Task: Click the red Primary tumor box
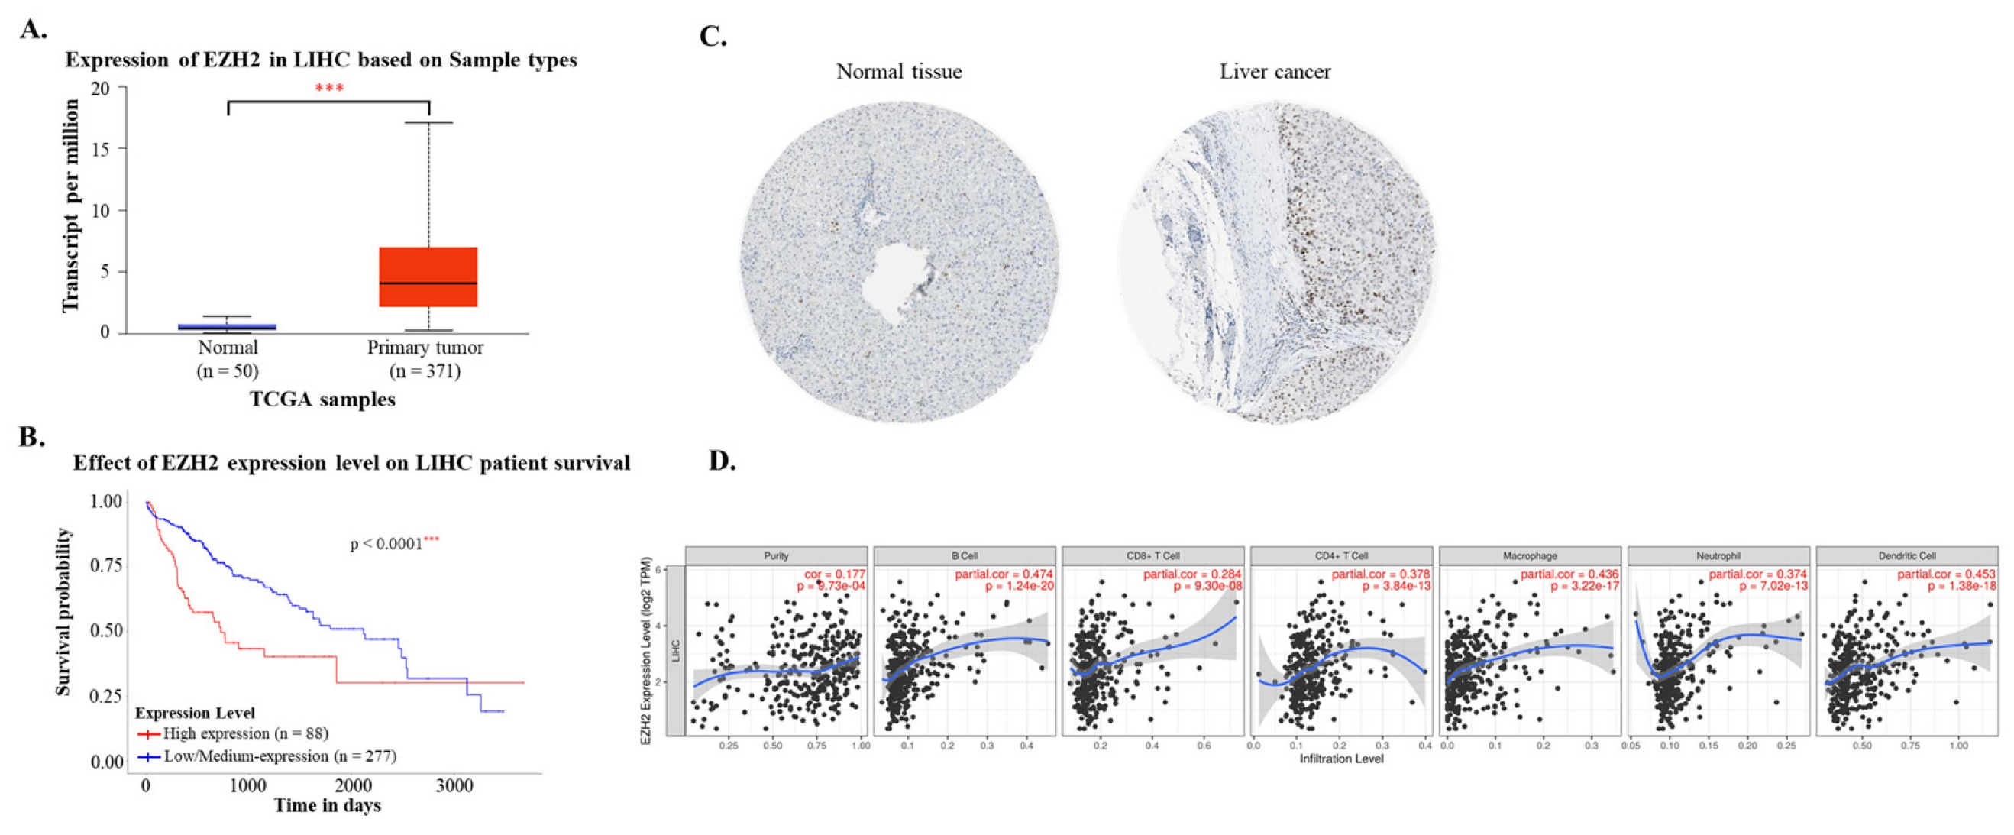[428, 277]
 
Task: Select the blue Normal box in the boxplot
[228, 327]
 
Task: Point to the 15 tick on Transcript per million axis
[100, 148]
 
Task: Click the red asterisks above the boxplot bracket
[329, 88]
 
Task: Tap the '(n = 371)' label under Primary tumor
[425, 371]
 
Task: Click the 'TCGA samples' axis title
[322, 400]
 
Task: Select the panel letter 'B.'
[32, 437]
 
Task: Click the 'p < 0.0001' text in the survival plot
[387, 543]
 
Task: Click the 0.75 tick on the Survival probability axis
[106, 565]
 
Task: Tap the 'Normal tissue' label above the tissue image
[899, 72]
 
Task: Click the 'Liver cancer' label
[1275, 72]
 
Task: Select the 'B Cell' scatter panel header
[964, 556]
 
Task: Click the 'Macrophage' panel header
[1529, 556]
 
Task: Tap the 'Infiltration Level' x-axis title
[1341, 759]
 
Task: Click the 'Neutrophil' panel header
[1718, 556]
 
